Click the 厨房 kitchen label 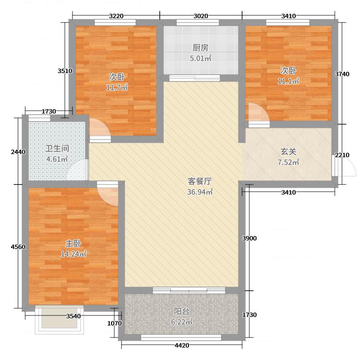(x=200, y=48)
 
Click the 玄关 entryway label (x=288, y=152)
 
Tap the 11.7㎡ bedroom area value (x=117, y=87)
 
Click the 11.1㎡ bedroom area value (x=288, y=81)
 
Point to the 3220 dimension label (x=116, y=16)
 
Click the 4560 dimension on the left (x=18, y=247)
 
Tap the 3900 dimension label (x=249, y=238)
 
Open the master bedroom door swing (x=108, y=193)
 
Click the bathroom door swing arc (x=76, y=170)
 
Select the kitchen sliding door (x=194, y=78)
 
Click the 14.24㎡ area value (x=73, y=254)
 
